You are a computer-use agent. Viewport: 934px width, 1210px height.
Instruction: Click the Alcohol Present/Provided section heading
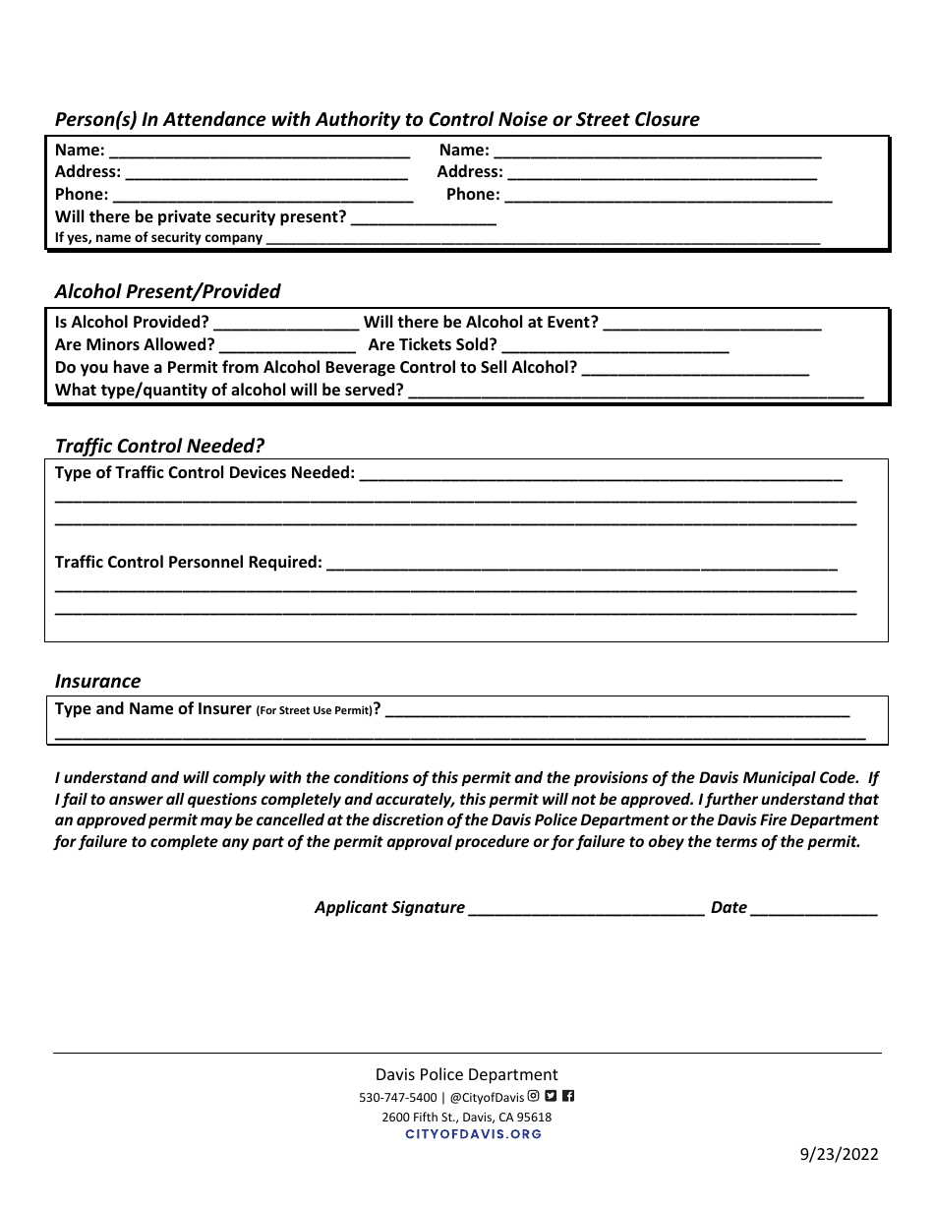167,291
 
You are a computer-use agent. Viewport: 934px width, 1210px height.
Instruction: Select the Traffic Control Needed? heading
159,446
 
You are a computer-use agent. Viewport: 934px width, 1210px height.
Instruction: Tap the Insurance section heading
97,681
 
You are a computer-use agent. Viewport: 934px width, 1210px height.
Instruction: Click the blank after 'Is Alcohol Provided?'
286,323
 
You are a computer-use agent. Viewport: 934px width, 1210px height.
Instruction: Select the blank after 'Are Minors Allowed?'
287,345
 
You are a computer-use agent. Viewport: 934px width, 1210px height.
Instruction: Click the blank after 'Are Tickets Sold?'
615,345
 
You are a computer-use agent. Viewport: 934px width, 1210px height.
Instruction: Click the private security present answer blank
423,217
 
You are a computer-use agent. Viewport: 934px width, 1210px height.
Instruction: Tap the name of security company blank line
543,238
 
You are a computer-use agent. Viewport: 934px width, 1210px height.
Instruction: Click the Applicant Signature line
586,908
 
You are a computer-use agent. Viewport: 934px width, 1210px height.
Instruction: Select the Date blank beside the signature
813,908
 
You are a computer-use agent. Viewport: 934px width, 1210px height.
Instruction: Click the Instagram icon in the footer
534,1096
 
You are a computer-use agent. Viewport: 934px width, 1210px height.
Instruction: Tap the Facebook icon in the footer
568,1096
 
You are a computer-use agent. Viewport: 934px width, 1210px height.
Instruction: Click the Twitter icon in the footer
551,1096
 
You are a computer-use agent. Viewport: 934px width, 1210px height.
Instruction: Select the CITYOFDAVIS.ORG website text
473,1134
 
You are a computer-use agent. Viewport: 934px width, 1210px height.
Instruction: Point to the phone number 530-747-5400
397,1098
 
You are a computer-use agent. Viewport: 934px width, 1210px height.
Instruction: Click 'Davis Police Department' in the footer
466,1075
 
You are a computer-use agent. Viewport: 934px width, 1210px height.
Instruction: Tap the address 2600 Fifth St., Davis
466,1117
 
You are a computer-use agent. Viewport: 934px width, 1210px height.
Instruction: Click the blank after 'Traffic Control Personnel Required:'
581,564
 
